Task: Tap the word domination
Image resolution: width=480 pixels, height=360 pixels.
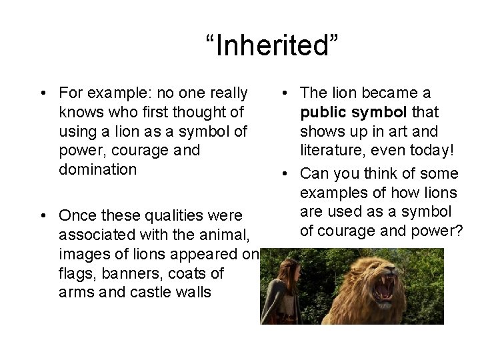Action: (x=97, y=169)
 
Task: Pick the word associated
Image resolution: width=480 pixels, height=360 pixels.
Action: (x=97, y=235)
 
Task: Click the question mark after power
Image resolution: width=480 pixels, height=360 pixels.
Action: (x=460, y=231)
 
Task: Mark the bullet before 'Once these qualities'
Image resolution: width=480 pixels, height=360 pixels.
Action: (x=42, y=216)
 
